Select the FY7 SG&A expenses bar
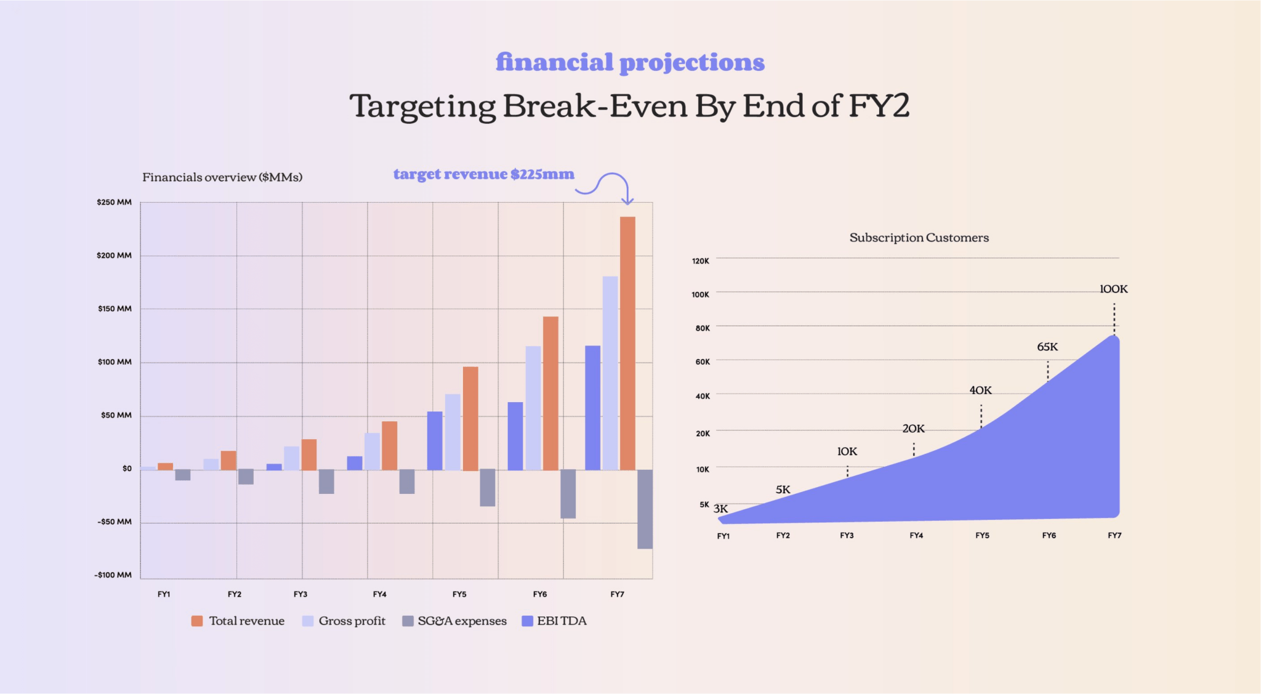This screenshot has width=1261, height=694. (x=645, y=509)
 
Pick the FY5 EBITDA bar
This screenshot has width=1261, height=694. (x=435, y=440)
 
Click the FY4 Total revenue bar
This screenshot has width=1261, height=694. (x=389, y=445)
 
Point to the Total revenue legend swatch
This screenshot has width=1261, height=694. (x=197, y=621)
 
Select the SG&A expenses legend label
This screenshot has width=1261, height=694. (x=462, y=621)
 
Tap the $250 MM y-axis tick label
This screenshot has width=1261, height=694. (x=114, y=202)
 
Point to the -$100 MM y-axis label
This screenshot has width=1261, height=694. (x=113, y=575)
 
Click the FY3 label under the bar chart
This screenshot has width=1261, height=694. (x=300, y=594)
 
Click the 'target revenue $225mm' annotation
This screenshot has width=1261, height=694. (x=483, y=174)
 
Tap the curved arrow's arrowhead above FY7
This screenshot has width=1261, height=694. (x=627, y=200)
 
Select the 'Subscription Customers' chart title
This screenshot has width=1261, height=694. (x=919, y=238)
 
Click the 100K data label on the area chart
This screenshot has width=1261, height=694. (x=1113, y=289)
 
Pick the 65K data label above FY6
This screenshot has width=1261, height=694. (x=1047, y=347)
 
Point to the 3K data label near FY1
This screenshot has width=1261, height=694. (x=720, y=509)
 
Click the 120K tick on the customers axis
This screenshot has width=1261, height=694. (x=700, y=261)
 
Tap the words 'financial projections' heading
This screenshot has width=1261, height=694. (x=630, y=62)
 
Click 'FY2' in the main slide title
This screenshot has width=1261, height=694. (x=879, y=106)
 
